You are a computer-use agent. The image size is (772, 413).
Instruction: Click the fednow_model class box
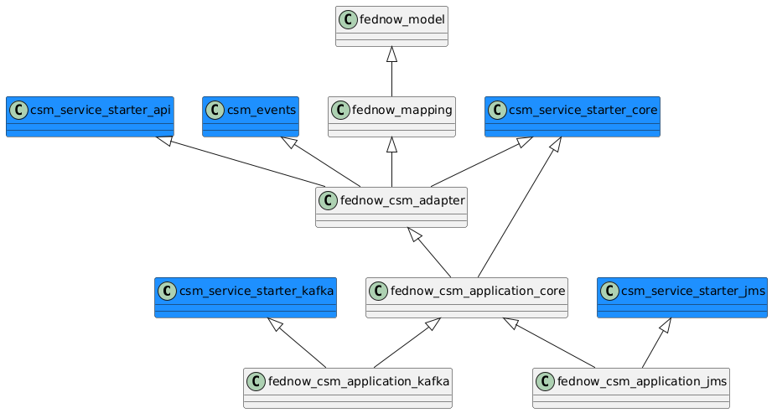[x=391, y=26]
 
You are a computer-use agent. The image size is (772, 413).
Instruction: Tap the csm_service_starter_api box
[x=90, y=116]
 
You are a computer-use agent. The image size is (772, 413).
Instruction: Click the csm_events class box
[x=251, y=116]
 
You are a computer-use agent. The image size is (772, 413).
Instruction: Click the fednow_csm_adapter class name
[x=401, y=199]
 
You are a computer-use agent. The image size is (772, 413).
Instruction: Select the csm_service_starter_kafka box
[x=246, y=297]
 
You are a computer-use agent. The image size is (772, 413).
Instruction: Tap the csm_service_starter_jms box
[x=681, y=297]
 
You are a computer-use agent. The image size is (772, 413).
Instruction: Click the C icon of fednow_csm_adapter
[x=328, y=199]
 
